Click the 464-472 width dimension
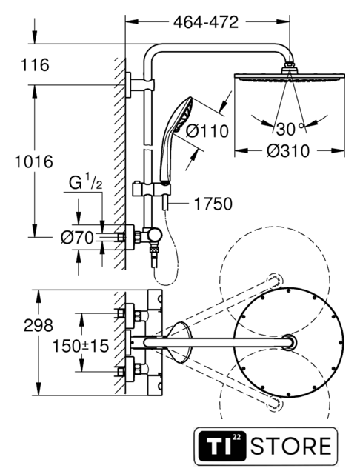tap(206, 22)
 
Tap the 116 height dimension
tap(35, 65)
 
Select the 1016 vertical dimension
tap(34, 161)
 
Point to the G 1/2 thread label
tap(85, 183)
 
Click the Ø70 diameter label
tap(77, 238)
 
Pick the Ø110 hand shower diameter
tap(207, 131)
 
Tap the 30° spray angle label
tap(290, 129)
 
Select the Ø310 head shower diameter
tap(288, 151)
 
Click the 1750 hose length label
tap(213, 204)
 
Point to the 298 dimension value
tap(39, 326)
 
